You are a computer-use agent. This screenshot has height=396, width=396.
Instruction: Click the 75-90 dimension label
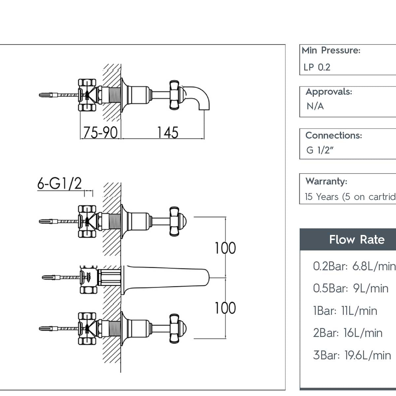pyautogui.click(x=100, y=132)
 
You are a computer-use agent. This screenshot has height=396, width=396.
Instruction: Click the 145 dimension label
pyautogui.click(x=167, y=132)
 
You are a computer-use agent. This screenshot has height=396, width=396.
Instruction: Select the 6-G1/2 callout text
pyautogui.click(x=59, y=183)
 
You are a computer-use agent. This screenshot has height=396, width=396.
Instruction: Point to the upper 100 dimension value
pyautogui.click(x=225, y=248)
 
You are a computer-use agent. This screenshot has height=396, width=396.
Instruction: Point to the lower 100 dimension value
pyautogui.click(x=225, y=308)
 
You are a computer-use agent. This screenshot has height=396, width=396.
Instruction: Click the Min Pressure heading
pyautogui.click(x=331, y=50)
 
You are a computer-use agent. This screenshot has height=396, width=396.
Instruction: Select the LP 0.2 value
pyautogui.click(x=317, y=67)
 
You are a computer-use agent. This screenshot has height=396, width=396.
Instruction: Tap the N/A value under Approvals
pyautogui.click(x=315, y=106)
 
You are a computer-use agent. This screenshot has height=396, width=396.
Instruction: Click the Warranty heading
pyautogui.click(x=326, y=181)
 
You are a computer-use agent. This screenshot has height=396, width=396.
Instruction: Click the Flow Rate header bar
pyautogui.click(x=356, y=240)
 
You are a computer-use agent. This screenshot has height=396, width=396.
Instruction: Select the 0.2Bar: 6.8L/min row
pyautogui.click(x=354, y=266)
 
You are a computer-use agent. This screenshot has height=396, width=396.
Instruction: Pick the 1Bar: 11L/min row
pyautogui.click(x=345, y=311)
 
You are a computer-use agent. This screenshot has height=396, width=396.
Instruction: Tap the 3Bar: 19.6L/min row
pyautogui.click(x=352, y=355)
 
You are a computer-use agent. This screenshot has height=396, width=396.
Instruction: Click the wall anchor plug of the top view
pyautogui.click(x=48, y=95)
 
